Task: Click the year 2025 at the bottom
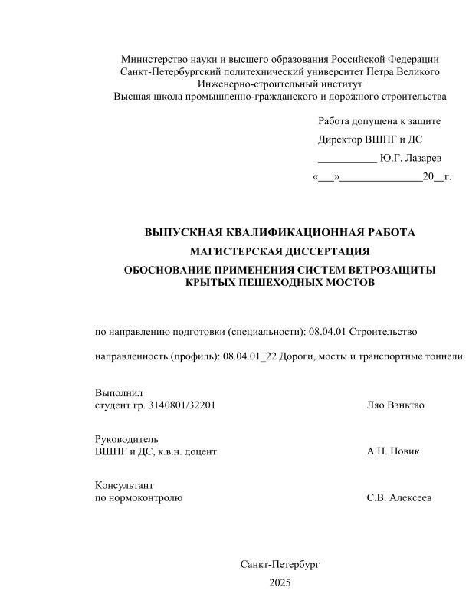[280, 583]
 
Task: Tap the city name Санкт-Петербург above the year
[280, 564]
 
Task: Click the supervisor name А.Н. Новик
[393, 451]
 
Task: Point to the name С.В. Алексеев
[399, 497]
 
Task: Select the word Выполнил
[118, 393]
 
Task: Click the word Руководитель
[126, 439]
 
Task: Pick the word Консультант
[123, 485]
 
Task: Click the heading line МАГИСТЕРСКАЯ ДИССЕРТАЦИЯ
[280, 251]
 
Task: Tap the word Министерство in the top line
[153, 60]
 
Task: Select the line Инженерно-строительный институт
[280, 84]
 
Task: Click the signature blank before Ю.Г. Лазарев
[347, 159]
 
